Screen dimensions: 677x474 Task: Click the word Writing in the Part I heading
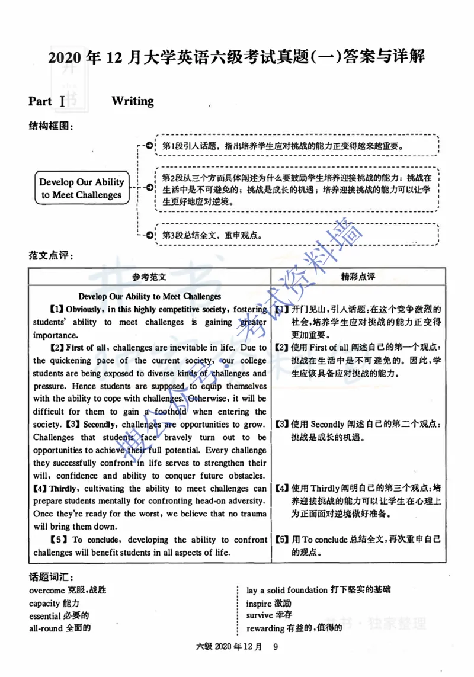click(132, 101)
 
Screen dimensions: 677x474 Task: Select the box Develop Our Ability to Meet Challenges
click(82, 188)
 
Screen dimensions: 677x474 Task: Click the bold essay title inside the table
click(149, 296)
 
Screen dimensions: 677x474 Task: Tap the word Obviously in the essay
click(85, 309)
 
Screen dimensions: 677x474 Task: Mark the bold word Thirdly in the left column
click(63, 489)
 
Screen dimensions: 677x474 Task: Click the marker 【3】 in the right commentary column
click(282, 425)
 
